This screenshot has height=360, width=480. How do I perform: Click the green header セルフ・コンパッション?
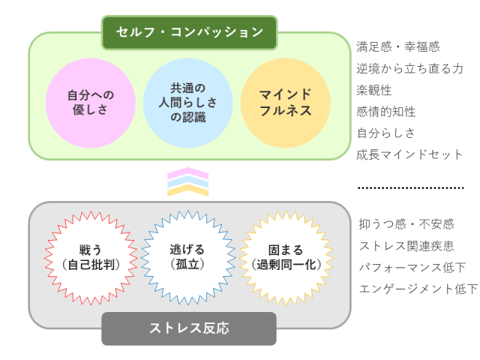pyautogui.click(x=189, y=32)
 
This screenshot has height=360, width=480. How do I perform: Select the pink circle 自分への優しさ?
pyautogui.click(x=90, y=103)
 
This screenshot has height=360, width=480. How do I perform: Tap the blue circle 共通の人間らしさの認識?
pyautogui.click(x=187, y=103)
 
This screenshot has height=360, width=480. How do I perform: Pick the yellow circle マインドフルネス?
pyautogui.click(x=285, y=103)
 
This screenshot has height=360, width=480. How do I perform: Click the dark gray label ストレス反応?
pyautogui.click(x=189, y=328)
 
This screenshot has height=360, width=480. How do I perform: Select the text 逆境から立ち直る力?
pyautogui.click(x=409, y=68)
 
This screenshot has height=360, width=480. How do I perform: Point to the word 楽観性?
pyautogui.click(x=374, y=90)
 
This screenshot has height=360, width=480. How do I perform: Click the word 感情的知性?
pyautogui.click(x=386, y=112)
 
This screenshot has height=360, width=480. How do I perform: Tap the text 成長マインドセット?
pyautogui.click(x=409, y=155)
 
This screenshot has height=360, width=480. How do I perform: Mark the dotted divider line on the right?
pyautogui.click(x=410, y=187)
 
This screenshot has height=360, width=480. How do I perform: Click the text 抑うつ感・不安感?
pyautogui.click(x=406, y=224)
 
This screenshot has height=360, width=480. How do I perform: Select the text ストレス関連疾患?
pyautogui.click(x=406, y=246)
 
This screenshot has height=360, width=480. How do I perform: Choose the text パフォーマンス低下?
pyautogui.click(x=412, y=267)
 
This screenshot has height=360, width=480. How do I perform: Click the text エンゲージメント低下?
pyautogui.click(x=418, y=289)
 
